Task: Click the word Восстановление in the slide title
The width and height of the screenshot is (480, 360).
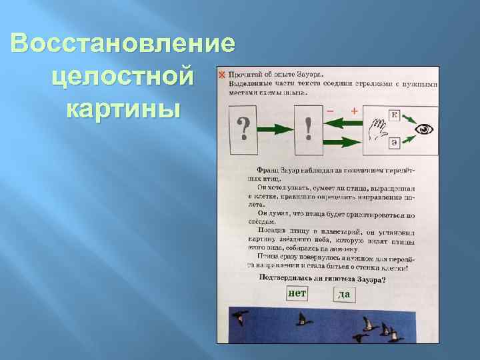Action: (123, 45)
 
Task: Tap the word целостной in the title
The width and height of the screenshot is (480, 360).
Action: (143, 75)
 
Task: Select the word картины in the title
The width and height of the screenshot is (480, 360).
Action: (124, 106)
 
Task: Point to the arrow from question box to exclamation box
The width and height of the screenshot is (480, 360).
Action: (276, 128)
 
